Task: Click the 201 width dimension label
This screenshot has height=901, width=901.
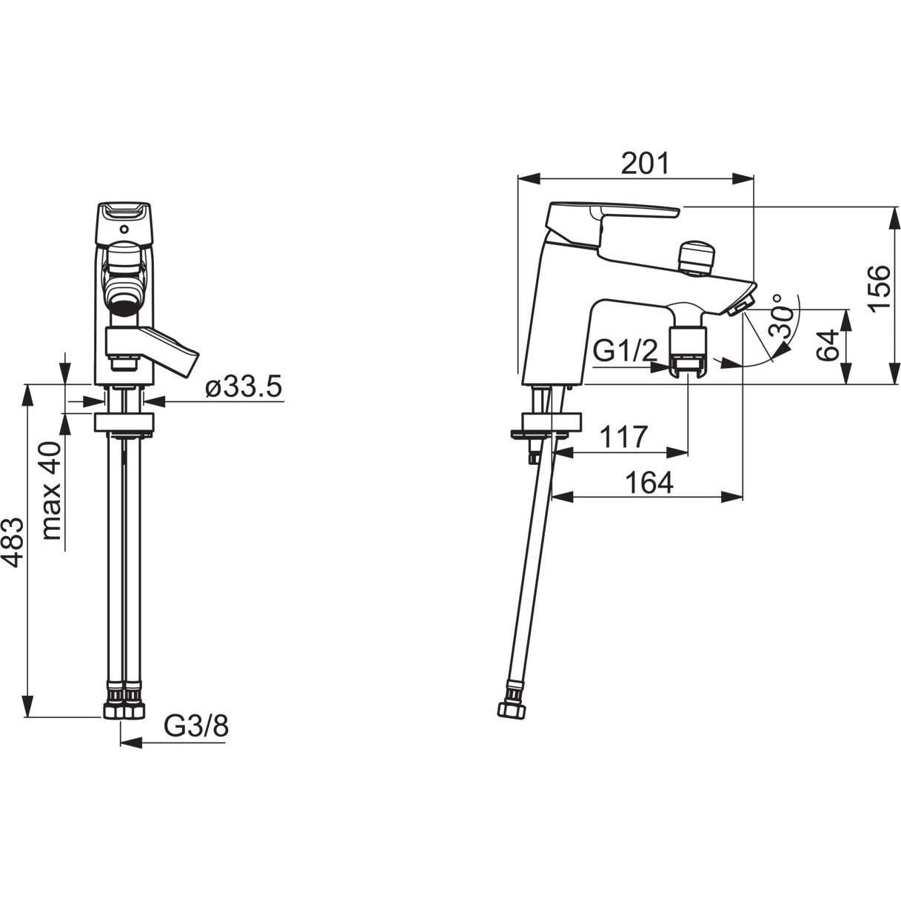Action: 646,163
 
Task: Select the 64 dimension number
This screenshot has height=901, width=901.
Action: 828,345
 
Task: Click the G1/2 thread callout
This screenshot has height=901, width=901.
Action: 626,351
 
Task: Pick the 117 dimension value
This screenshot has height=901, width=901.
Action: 623,437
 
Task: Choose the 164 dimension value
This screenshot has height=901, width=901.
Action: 649,483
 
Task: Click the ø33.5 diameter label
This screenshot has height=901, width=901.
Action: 244,387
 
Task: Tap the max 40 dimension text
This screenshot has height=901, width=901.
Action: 51,491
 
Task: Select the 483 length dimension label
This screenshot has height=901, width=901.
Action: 13,543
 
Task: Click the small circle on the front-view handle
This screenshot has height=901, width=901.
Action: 124,230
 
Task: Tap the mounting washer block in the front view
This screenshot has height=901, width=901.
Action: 124,422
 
